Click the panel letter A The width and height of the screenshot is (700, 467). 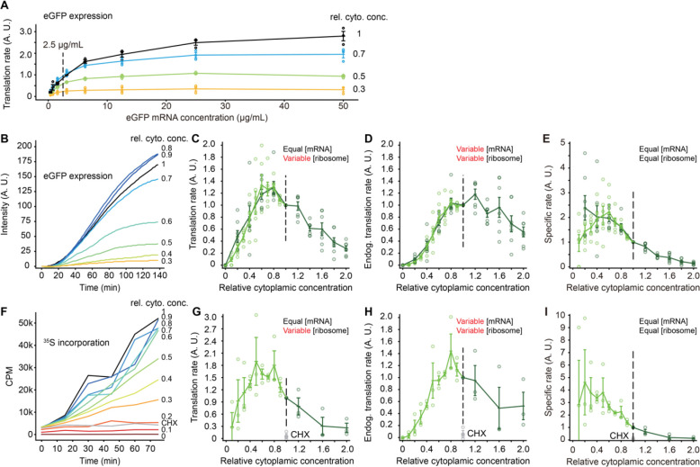(8, 8)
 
